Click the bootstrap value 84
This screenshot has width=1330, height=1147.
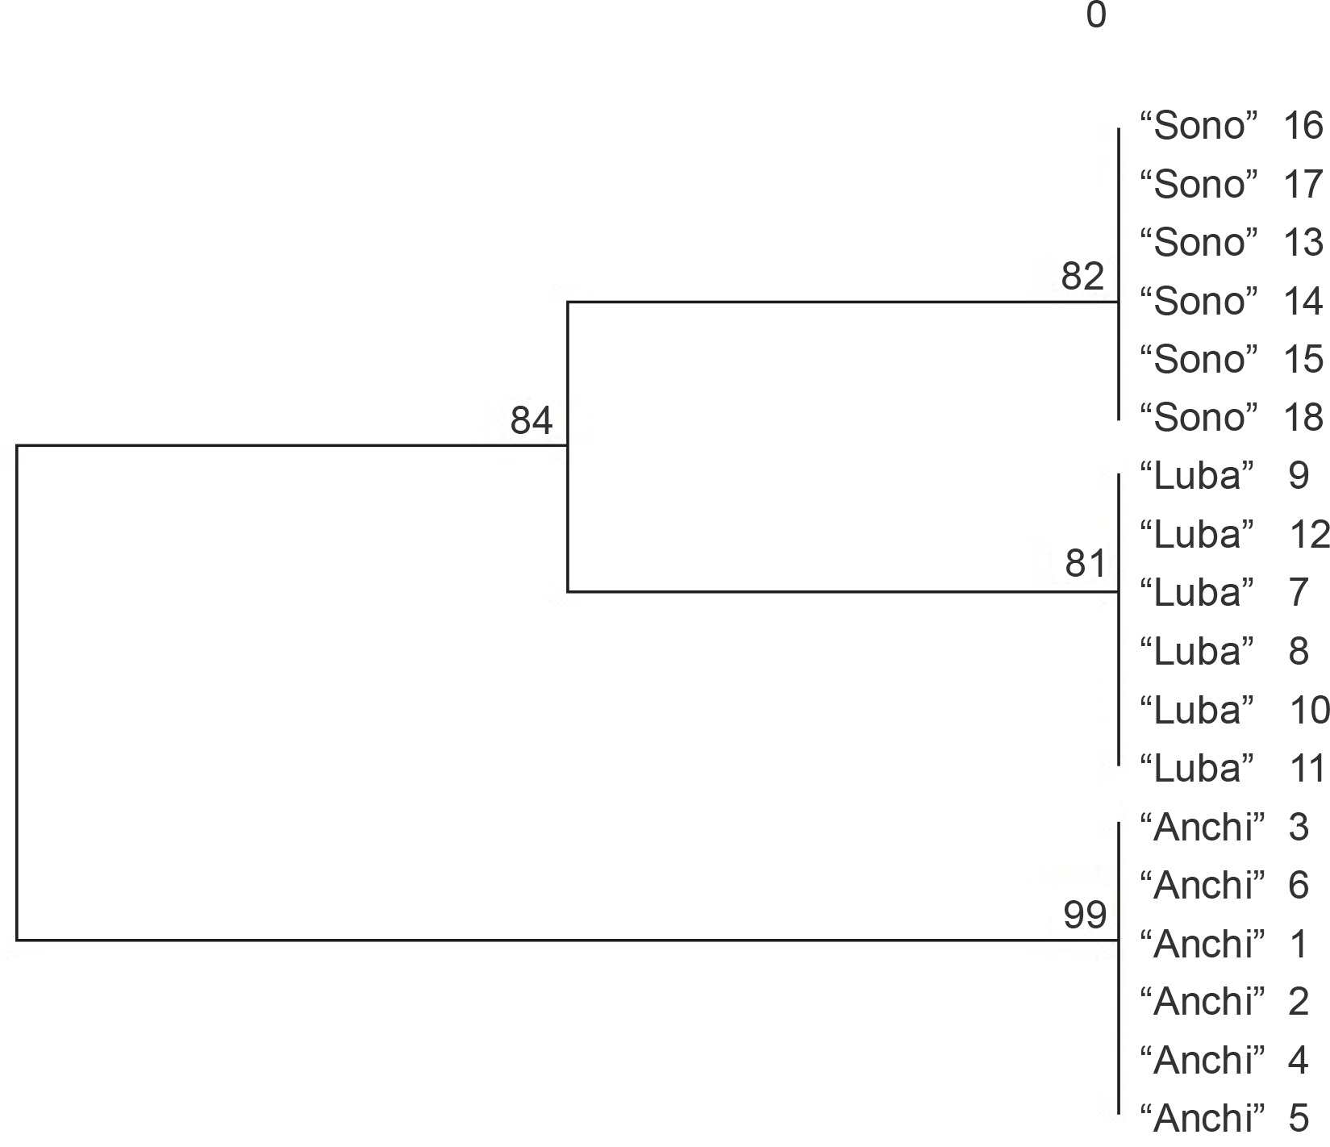[532, 421]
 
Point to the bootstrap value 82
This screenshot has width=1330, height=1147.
[1082, 277]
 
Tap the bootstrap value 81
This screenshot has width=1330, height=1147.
[1086, 563]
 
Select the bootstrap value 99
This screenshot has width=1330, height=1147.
[1085, 915]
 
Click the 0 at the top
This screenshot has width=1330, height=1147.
[1096, 15]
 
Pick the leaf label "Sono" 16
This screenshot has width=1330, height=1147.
[1231, 126]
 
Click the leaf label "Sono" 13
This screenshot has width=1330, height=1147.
[1231, 243]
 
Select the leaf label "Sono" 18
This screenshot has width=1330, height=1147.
[1231, 418]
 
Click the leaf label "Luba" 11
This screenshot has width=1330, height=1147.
[1232, 768]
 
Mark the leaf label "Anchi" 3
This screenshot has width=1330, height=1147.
[1224, 827]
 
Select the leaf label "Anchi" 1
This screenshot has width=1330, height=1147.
[1224, 944]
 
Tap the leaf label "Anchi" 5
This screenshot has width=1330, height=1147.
[1224, 1118]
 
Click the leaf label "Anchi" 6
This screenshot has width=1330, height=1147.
[1224, 885]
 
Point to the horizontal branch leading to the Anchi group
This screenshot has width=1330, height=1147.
[565, 940]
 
